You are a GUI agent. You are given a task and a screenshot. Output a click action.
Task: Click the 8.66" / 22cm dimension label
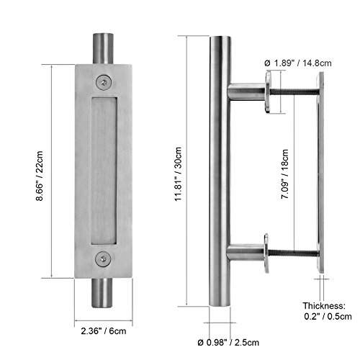(40, 176)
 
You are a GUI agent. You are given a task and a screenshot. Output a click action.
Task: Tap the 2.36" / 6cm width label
(104, 331)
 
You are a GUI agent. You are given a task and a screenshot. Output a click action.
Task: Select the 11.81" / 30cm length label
(179, 174)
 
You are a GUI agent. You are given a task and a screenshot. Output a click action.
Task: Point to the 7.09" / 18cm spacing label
(284, 174)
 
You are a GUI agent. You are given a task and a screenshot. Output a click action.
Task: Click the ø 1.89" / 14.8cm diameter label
(298, 63)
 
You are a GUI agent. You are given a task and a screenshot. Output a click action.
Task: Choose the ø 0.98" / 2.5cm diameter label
(228, 342)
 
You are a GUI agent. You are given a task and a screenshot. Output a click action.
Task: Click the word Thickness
(324, 306)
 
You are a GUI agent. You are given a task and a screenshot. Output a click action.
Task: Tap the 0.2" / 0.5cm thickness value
(328, 316)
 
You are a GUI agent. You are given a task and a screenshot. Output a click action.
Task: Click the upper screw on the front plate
(104, 82)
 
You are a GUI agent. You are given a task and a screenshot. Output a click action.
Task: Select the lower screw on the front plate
(104, 258)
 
